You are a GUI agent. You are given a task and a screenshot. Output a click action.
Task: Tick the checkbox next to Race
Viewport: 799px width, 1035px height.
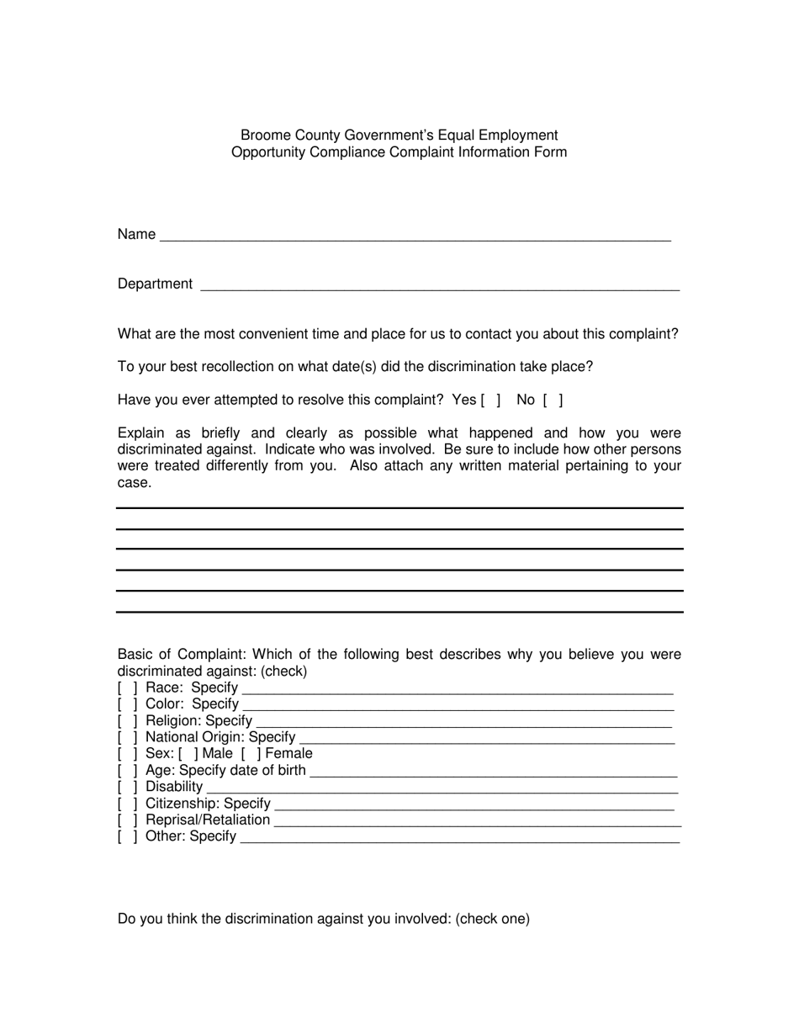click(127, 688)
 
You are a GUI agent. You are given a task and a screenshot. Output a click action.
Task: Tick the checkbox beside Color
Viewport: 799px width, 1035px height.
click(127, 704)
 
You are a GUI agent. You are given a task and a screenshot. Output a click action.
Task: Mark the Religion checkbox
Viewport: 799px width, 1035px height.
click(127, 721)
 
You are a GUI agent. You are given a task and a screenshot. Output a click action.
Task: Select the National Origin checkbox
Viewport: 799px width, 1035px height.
click(127, 738)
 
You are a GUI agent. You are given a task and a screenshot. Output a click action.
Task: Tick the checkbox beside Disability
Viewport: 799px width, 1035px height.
click(127, 787)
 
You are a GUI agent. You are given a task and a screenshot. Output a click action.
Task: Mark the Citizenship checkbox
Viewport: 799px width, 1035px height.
click(127, 804)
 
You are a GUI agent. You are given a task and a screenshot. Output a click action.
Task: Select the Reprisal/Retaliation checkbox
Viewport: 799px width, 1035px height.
click(127, 820)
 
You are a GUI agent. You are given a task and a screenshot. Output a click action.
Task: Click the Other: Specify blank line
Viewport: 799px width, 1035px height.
click(459, 839)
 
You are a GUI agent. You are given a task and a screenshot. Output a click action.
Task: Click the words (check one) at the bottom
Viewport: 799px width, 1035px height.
click(493, 919)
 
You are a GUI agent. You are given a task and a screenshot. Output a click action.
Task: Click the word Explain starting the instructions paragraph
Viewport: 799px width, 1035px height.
click(141, 433)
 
